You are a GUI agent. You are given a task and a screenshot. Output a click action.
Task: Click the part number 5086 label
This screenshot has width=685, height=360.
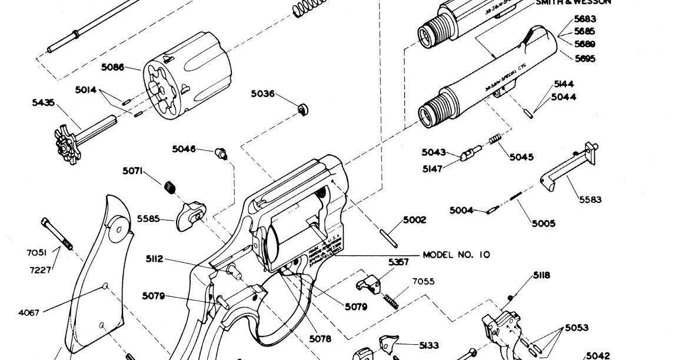pyautogui.click(x=112, y=67)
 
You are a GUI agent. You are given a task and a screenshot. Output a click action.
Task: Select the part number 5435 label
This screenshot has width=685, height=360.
pyautogui.click(x=43, y=103)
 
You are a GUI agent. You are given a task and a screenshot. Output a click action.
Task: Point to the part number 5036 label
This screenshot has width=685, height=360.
pyautogui.click(x=262, y=94)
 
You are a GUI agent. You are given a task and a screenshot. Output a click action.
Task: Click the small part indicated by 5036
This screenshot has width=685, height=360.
pyautogui.click(x=303, y=109)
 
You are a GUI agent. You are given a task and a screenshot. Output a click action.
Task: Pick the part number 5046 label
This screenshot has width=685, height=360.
pyautogui.click(x=184, y=149)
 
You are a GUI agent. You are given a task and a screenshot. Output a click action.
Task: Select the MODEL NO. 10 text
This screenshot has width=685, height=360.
pyautogui.click(x=456, y=255)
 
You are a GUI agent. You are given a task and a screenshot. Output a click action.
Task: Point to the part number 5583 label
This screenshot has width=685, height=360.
pyautogui.click(x=590, y=199)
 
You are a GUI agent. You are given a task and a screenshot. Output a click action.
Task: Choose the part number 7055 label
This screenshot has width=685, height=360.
pyautogui.click(x=423, y=282)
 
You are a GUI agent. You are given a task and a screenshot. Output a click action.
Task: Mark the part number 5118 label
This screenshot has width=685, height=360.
pyautogui.click(x=541, y=275)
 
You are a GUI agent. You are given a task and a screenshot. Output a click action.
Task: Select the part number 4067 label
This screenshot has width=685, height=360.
pyautogui.click(x=28, y=312)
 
